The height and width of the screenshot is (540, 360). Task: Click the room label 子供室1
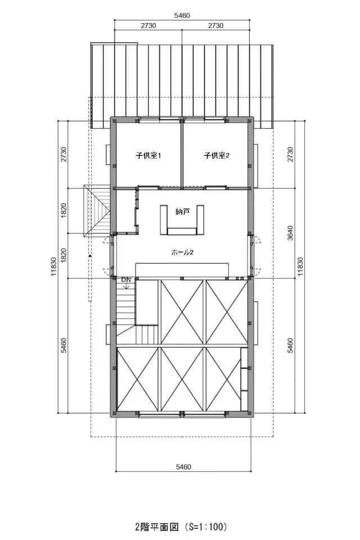(148, 156)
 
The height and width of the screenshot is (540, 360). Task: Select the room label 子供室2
(217, 156)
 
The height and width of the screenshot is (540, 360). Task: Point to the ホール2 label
(182, 253)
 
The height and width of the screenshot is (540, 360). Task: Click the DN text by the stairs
(126, 280)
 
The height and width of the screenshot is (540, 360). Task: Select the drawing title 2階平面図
(157, 527)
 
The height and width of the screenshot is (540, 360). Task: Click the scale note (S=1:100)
(206, 527)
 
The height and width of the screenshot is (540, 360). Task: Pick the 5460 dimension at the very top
(182, 16)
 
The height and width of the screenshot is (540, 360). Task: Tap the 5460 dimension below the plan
(183, 467)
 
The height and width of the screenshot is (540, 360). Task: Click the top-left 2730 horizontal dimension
(148, 25)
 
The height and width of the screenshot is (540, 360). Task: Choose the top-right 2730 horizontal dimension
(215, 25)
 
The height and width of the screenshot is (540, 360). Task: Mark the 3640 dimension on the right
(290, 233)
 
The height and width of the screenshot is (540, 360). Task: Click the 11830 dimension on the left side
(54, 267)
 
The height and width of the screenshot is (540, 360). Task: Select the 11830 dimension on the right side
(300, 267)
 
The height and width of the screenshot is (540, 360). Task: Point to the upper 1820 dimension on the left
(64, 210)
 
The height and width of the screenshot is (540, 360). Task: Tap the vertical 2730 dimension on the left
(64, 155)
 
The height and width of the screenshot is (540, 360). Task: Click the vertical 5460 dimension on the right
(290, 345)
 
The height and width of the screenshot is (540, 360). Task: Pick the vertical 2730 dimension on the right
(290, 155)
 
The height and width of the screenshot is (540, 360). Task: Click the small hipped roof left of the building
(97, 211)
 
